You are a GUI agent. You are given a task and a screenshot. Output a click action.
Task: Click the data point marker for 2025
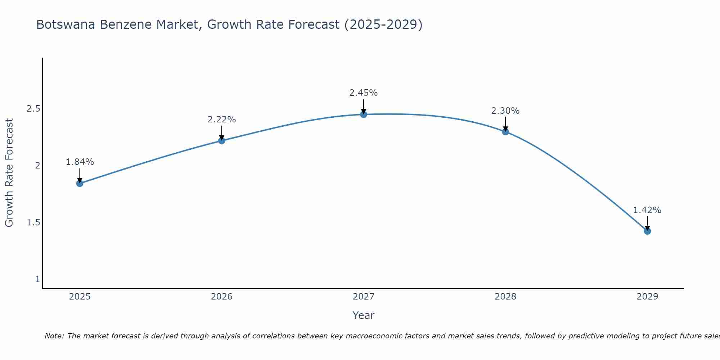[80, 183]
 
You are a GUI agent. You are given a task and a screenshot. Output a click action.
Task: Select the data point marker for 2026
[222, 140]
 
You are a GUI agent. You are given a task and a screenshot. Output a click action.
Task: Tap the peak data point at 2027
[364, 114]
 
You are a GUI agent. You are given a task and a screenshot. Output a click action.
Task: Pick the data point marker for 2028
[505, 131]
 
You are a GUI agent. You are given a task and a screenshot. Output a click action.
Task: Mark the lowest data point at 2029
[647, 231]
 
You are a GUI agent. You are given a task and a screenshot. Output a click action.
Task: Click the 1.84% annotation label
[80, 162]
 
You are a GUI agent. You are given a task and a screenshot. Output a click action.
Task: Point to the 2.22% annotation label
[222, 120]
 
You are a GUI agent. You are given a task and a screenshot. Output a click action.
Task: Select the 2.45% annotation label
[364, 93]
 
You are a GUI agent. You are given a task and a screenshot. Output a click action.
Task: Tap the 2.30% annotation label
[505, 111]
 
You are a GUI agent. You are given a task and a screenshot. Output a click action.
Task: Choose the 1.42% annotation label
[647, 210]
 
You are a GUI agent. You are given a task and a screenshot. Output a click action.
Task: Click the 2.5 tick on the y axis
[33, 109]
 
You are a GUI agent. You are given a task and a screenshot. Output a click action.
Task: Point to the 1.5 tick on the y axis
[33, 222]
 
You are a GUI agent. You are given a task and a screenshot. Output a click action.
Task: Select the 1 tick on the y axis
[37, 279]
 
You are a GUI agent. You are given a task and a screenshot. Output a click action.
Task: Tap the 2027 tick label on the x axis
[364, 297]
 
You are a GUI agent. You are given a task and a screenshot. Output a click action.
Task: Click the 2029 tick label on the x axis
[647, 297]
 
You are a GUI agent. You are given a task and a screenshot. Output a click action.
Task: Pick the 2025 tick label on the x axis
[80, 297]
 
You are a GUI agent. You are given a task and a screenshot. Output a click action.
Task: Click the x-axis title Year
[364, 315]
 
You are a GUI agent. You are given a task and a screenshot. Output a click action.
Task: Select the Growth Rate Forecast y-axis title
[9, 173]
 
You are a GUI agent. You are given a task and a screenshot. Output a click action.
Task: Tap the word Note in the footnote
[54, 336]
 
